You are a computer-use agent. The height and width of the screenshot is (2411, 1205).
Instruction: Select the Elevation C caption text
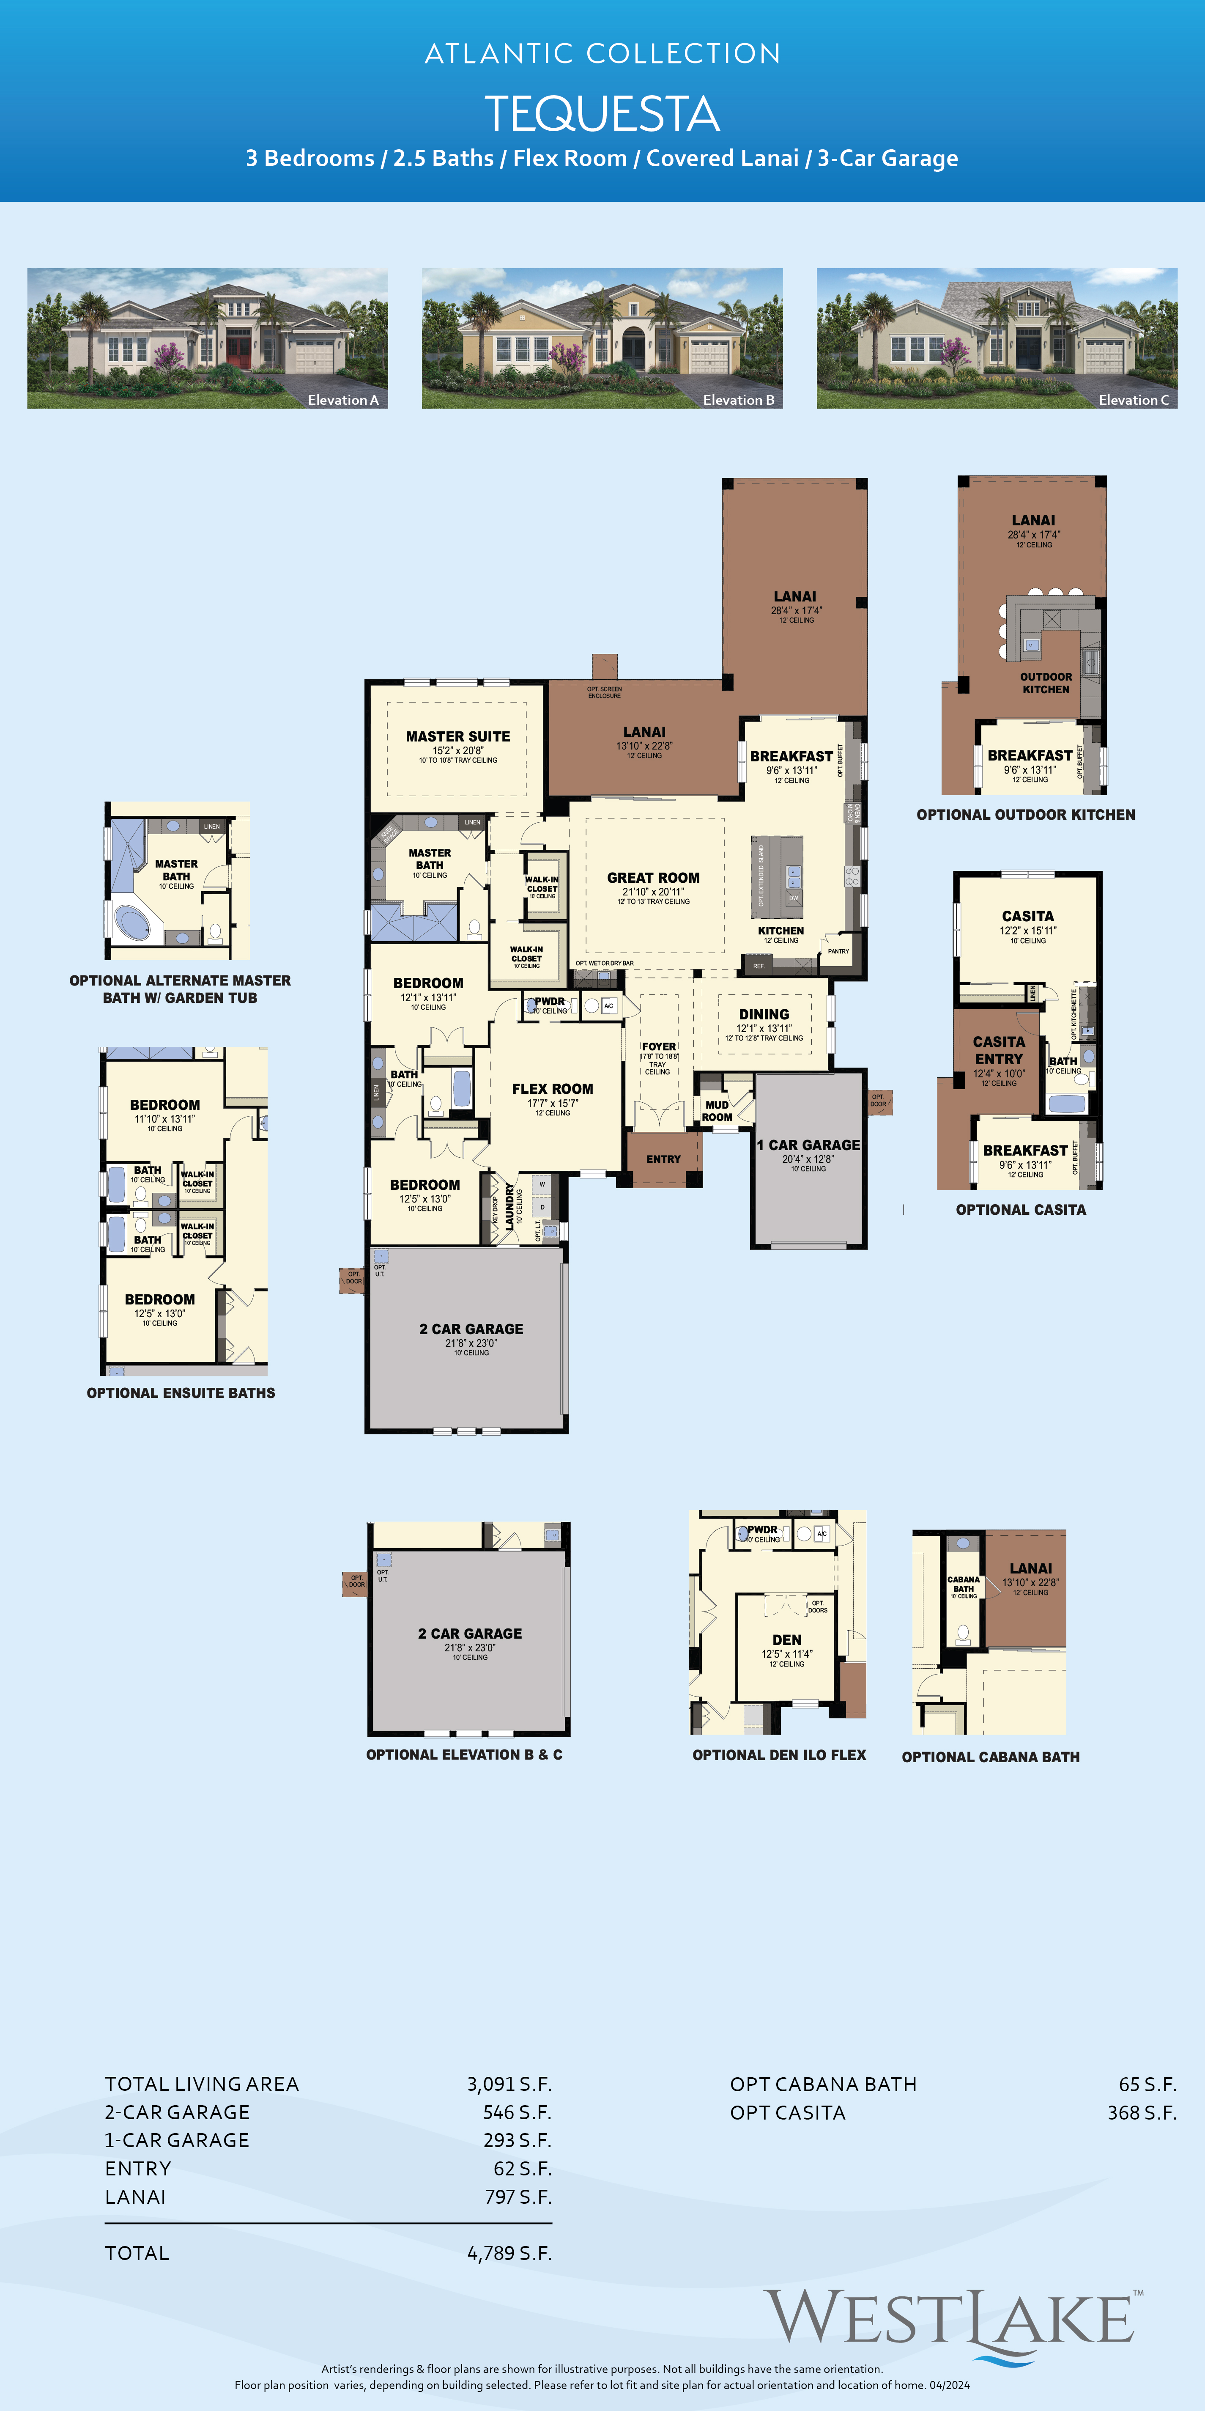pyautogui.click(x=1133, y=400)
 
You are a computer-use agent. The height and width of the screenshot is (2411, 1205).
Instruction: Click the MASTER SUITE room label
pyautogui.click(x=457, y=736)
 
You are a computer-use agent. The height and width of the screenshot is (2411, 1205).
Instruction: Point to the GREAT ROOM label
pyautogui.click(x=653, y=878)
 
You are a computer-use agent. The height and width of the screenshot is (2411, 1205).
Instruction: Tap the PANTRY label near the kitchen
pyautogui.click(x=838, y=951)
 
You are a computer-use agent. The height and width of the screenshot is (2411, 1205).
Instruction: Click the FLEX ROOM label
pyautogui.click(x=552, y=1088)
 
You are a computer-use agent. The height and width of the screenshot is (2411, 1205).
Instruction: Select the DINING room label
pyautogui.click(x=764, y=1015)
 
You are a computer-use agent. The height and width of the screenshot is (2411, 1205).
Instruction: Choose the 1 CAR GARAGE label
pyautogui.click(x=808, y=1145)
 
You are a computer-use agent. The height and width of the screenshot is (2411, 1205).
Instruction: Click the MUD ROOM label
pyautogui.click(x=717, y=1111)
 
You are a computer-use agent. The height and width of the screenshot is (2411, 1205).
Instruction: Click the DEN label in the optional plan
pyautogui.click(x=787, y=1640)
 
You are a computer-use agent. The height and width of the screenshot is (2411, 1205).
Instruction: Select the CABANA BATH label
pyautogui.click(x=964, y=1584)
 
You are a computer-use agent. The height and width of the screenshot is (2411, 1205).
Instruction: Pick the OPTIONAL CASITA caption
pyautogui.click(x=1021, y=1210)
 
